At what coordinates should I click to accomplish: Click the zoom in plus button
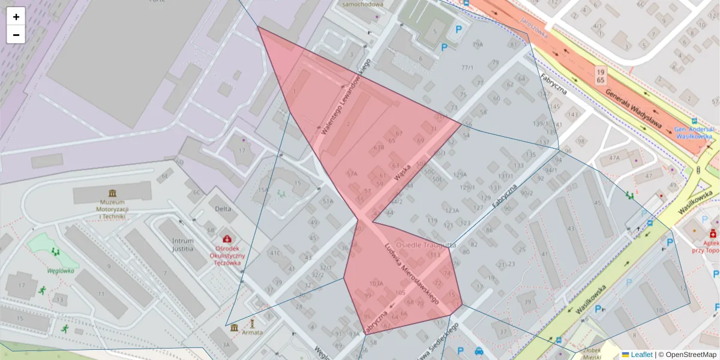16,17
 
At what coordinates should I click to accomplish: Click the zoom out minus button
16,35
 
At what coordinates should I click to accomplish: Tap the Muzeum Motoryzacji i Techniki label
112,209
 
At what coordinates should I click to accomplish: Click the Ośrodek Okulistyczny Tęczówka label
227,255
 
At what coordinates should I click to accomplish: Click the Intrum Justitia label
182,243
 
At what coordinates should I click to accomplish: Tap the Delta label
223,209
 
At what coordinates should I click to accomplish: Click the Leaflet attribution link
641,355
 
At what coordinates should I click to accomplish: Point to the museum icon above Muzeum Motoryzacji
112,193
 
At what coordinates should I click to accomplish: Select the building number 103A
376,283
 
